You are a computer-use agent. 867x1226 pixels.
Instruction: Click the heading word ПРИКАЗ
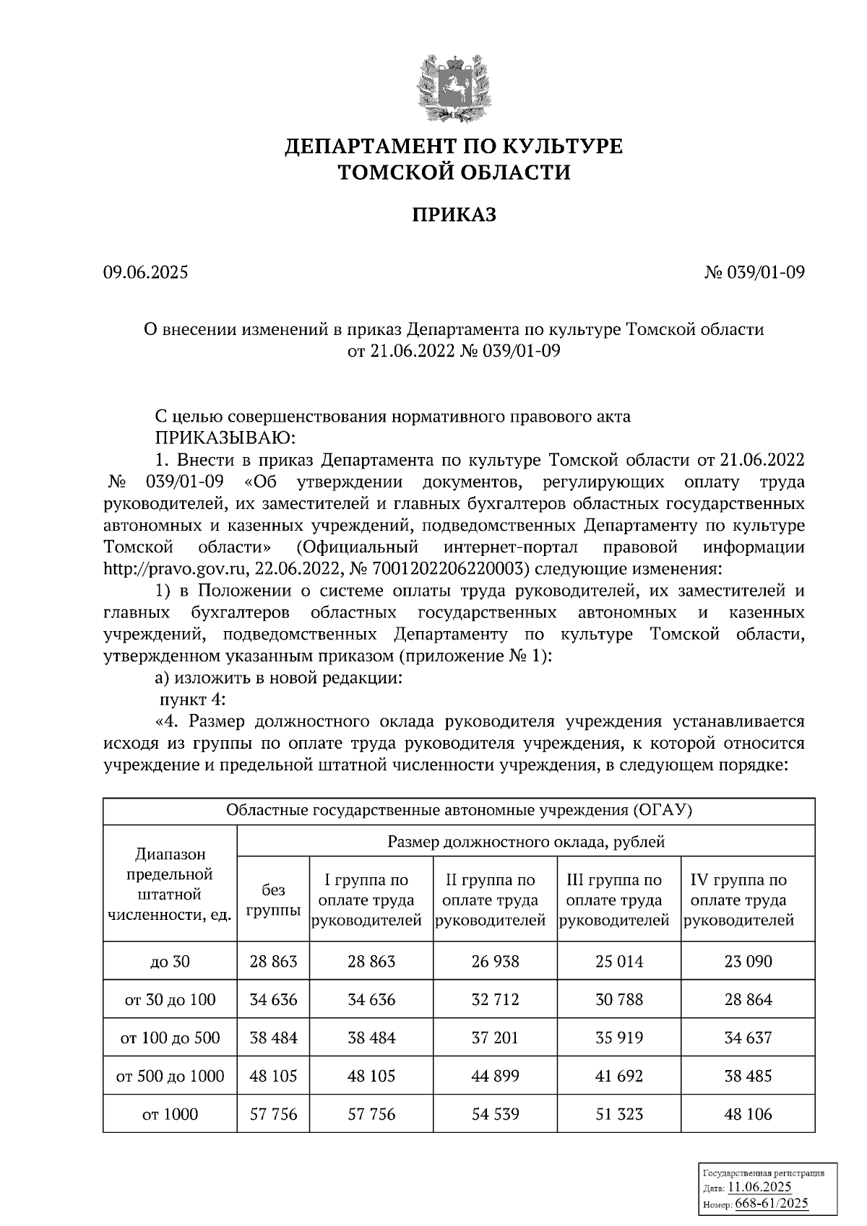[x=454, y=214]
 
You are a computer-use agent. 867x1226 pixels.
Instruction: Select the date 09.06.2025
[x=145, y=272]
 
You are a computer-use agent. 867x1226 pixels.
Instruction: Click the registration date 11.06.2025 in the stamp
[x=759, y=1187]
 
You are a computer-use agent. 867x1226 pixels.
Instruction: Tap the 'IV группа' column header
[x=738, y=900]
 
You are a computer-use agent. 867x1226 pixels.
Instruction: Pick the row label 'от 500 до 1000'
[x=171, y=1076]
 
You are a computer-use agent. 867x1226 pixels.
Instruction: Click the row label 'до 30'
[x=171, y=961]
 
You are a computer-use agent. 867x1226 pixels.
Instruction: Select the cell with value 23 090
[x=748, y=961]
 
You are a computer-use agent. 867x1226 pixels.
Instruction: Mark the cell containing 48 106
[x=748, y=1114]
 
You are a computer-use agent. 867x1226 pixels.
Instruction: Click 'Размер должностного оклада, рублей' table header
[x=526, y=841]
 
